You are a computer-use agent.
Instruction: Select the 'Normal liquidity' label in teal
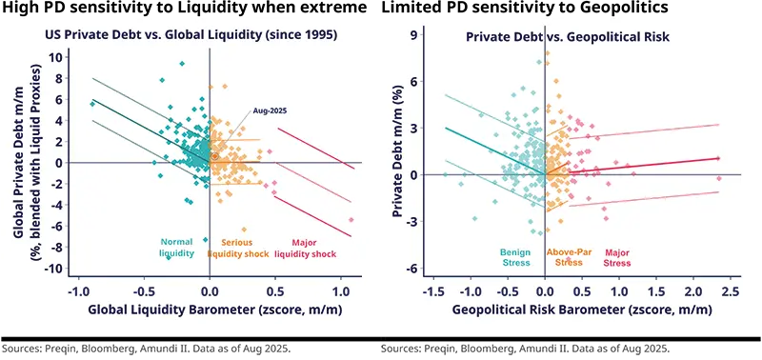[176, 248]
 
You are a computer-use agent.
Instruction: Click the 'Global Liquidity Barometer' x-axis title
[210, 310]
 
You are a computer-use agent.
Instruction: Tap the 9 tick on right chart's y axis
[414, 35]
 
